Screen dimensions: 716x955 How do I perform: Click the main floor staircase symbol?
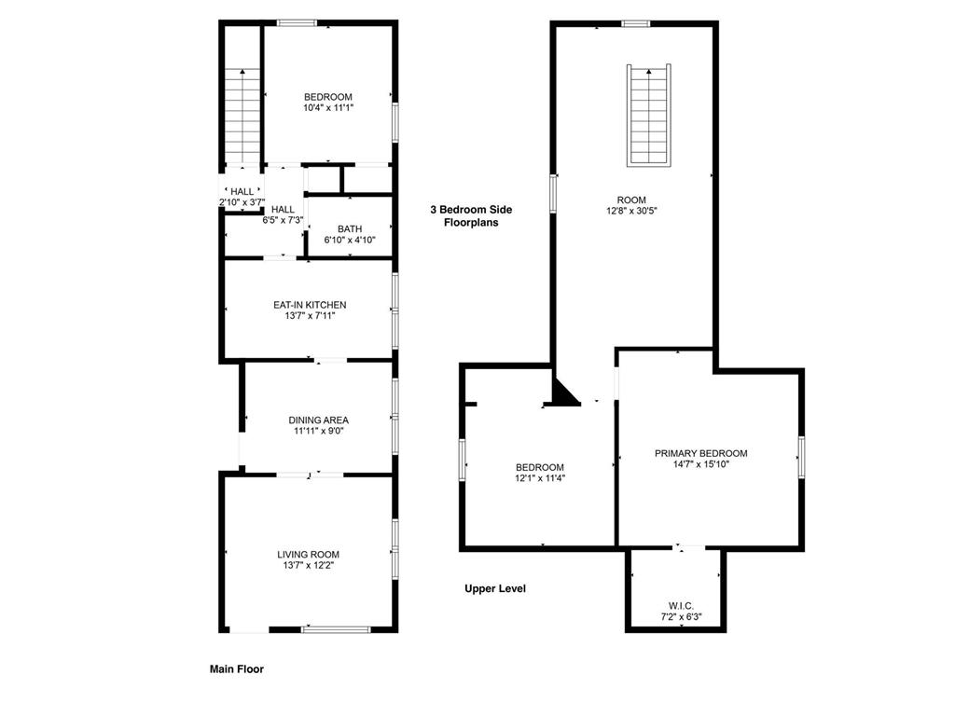242,117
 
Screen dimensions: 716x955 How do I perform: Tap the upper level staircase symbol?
650,116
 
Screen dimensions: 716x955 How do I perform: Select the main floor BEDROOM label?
328,97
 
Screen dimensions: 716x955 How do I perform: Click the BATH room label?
350,228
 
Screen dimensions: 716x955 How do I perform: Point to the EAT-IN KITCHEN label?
310,305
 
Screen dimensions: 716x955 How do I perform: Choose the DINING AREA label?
318,420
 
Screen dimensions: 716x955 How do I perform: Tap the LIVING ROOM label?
308,555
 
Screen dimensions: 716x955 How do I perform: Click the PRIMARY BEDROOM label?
700,453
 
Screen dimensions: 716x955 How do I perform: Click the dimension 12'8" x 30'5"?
631,211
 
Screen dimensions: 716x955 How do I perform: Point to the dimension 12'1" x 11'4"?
540,478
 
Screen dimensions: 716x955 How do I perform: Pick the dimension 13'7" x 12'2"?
308,566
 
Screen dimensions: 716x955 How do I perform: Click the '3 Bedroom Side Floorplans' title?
470,216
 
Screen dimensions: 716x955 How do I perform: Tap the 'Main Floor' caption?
236,668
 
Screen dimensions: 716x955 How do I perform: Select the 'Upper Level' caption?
495,588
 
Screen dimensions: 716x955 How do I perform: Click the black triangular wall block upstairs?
563,394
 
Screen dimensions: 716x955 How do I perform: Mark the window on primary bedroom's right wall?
800,457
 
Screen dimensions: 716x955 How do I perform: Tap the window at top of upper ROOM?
636,23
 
